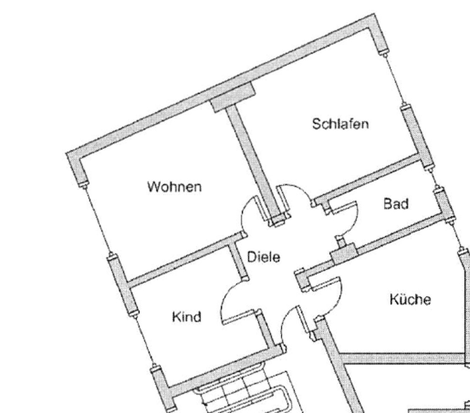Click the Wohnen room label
(x=175, y=187)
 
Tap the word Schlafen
(x=340, y=124)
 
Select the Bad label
(x=396, y=203)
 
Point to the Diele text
(x=263, y=257)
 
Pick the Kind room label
(x=186, y=317)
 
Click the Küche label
(x=410, y=299)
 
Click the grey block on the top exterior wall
(x=233, y=97)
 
